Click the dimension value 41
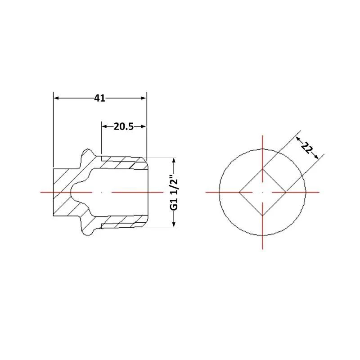coord(99,98)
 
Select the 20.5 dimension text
coord(123,126)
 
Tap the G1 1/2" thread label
coord(174,192)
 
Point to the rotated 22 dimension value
coord(307,148)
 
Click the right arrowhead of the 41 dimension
coord(143,98)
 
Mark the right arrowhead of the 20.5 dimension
coord(143,126)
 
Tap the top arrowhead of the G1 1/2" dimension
coord(174,160)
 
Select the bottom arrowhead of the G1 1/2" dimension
coord(174,224)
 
